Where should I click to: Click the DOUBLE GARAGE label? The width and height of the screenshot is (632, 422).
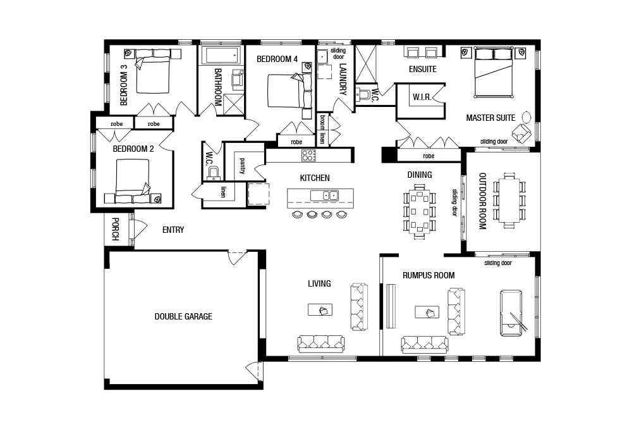click(x=183, y=316)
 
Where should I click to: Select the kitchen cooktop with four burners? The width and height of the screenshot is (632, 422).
click(x=308, y=154)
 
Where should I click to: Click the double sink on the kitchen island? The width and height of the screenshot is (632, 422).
click(x=331, y=195)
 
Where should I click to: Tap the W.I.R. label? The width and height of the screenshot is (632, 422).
click(x=422, y=97)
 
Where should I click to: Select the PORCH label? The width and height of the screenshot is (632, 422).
click(x=115, y=229)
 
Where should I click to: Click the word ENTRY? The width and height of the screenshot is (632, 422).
click(x=173, y=230)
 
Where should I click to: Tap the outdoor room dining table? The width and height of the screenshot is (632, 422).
click(x=509, y=201)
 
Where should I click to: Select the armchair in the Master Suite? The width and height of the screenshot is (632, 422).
click(x=522, y=132)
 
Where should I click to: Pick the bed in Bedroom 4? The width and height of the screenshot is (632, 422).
click(x=286, y=91)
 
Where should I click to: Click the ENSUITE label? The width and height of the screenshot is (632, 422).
click(x=422, y=69)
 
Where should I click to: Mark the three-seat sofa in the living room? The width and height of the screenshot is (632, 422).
click(x=321, y=344)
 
